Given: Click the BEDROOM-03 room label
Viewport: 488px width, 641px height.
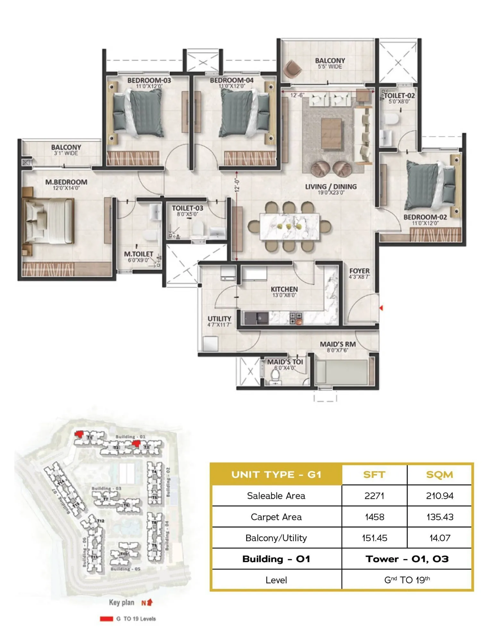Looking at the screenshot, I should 149,80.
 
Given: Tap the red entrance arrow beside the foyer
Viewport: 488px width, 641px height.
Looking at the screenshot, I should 381,308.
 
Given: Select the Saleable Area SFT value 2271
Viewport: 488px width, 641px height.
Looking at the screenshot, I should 374,496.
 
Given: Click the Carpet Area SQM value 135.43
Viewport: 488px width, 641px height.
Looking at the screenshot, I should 440,517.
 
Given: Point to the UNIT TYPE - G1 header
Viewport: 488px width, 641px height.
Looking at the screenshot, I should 276,475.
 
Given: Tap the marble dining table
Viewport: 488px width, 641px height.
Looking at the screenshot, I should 289,227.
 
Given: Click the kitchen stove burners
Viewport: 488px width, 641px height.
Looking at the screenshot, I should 296,317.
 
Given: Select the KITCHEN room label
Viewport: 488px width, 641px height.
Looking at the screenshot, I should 284,289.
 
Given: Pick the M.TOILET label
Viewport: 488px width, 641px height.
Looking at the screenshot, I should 139,254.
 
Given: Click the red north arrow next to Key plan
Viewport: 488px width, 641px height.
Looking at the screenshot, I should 150,602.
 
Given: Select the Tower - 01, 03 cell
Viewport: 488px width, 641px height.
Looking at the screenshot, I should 407,559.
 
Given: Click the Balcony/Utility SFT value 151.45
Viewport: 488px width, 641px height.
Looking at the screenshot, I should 374,538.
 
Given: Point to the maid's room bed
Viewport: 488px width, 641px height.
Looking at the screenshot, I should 341,372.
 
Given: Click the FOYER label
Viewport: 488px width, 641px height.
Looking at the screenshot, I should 359,271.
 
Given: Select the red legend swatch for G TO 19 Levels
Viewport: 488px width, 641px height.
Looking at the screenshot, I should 106,619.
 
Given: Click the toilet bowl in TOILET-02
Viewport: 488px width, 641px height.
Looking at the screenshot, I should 391,119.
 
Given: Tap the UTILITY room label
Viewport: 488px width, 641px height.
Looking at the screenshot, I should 219,319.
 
